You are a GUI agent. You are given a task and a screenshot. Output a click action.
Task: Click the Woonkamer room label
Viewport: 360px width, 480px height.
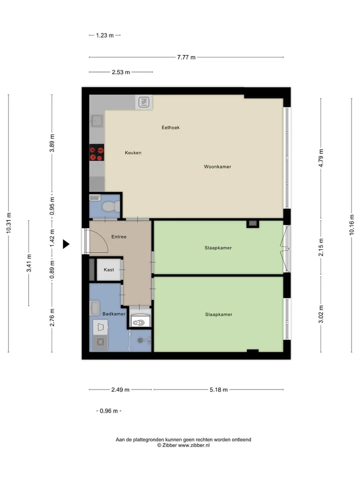click(217, 166)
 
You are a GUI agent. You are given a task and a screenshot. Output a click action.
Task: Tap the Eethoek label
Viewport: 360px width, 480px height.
click(170, 127)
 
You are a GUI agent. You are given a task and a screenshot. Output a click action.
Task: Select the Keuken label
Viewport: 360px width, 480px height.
click(133, 152)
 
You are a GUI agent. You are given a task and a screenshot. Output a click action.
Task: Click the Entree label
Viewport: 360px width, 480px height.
click(119, 236)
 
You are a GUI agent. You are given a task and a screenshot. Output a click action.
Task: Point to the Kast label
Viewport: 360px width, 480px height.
click(109, 269)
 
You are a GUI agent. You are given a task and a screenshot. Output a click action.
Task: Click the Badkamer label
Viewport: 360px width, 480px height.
click(114, 314)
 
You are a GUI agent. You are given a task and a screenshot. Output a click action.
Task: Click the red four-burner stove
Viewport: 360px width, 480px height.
click(96, 153)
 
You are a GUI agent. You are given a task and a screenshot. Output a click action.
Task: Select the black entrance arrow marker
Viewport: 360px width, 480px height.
click(66, 244)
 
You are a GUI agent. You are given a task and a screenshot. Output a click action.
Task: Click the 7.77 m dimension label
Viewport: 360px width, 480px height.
click(186, 57)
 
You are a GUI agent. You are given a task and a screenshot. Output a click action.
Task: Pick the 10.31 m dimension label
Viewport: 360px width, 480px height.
click(8, 223)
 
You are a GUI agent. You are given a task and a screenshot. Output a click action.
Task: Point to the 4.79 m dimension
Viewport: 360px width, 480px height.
click(321, 158)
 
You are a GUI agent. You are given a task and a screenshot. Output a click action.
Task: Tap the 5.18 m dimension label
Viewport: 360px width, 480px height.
click(218, 389)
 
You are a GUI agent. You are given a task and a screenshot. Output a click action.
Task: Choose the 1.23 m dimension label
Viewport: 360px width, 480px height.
click(104, 35)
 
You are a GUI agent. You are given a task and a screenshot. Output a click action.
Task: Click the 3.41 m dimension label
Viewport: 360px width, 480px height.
click(29, 263)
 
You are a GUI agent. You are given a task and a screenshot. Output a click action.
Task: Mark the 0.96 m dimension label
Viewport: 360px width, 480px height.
click(108, 411)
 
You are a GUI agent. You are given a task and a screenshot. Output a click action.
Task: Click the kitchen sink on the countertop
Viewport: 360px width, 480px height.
click(97, 121)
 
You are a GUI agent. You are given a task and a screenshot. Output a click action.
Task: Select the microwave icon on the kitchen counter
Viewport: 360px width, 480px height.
click(144, 102)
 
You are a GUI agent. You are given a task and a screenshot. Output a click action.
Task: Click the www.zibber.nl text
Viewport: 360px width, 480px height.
click(194, 445)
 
